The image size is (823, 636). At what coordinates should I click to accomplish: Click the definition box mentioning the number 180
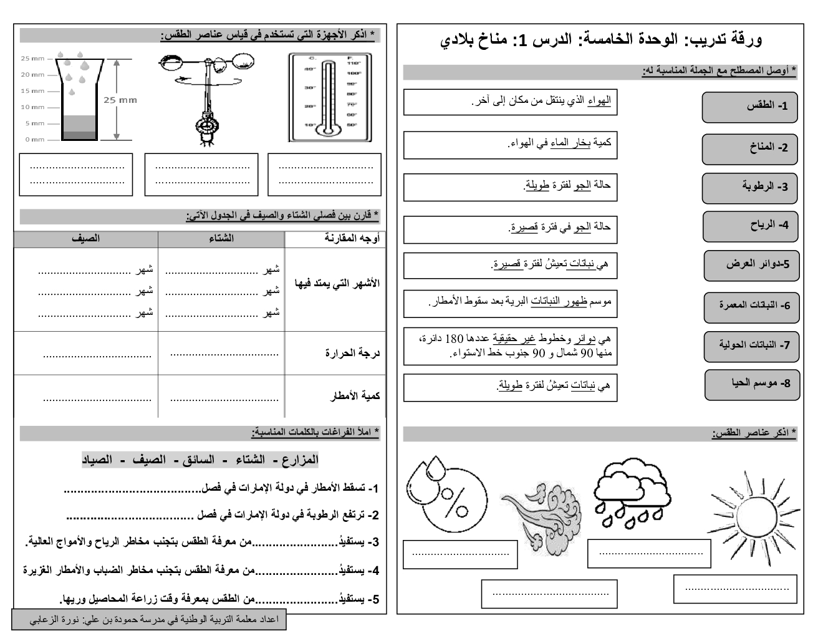tap(510, 346)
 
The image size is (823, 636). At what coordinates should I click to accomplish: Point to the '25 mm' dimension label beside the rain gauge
tap(120, 100)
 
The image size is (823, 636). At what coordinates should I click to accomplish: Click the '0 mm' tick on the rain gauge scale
tap(35, 140)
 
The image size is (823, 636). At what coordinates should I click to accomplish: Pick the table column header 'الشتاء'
tap(221, 238)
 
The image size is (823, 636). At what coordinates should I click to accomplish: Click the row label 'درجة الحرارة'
tap(352, 354)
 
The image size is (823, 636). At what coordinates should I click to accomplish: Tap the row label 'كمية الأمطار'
tap(354, 396)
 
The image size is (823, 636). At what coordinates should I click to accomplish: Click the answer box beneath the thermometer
tap(324, 175)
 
